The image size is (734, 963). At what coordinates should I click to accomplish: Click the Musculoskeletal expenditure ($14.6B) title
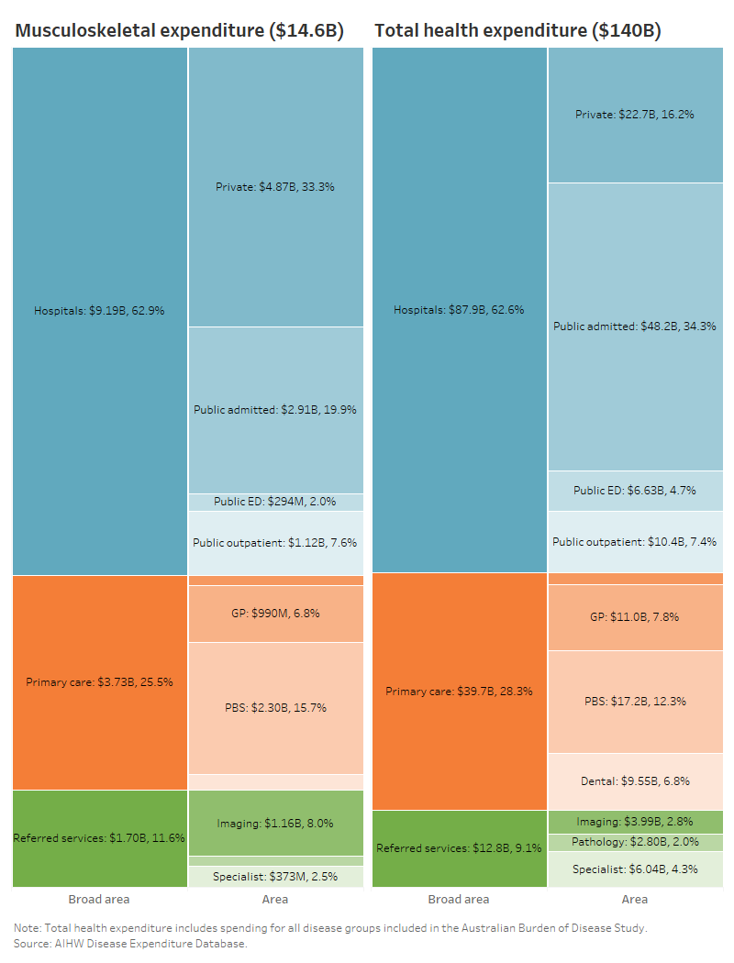[179, 31]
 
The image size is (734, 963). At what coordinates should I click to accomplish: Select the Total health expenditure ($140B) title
[517, 31]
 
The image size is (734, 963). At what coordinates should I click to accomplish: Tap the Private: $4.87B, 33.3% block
[275, 186]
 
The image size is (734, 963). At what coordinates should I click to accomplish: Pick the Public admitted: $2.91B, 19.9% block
[275, 410]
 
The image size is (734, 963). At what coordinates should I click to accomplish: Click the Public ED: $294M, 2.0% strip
[275, 502]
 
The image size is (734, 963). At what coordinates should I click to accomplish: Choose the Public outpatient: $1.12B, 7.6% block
[275, 542]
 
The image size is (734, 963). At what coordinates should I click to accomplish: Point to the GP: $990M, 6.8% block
[275, 614]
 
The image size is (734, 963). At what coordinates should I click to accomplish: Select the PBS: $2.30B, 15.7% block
[275, 707]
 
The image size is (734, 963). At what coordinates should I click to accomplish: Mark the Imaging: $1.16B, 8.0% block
[275, 823]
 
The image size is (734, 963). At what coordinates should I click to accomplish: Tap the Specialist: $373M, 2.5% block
[275, 877]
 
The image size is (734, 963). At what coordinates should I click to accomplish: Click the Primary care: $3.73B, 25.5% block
[99, 682]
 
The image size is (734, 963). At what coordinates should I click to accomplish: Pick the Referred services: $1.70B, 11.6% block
[99, 838]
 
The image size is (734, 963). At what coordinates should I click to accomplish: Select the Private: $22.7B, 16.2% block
[635, 115]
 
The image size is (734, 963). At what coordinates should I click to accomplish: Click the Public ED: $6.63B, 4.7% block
[635, 491]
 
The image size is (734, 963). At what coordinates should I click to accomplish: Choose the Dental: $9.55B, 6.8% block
[635, 781]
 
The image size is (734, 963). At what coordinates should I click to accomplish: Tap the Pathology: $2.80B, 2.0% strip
[635, 842]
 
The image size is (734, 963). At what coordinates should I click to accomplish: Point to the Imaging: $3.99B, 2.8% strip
[635, 822]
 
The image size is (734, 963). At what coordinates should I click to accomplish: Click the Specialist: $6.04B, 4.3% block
[635, 869]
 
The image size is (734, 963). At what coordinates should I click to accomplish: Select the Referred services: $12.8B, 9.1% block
[459, 848]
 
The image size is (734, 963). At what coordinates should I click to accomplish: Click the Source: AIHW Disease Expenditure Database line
[130, 943]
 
